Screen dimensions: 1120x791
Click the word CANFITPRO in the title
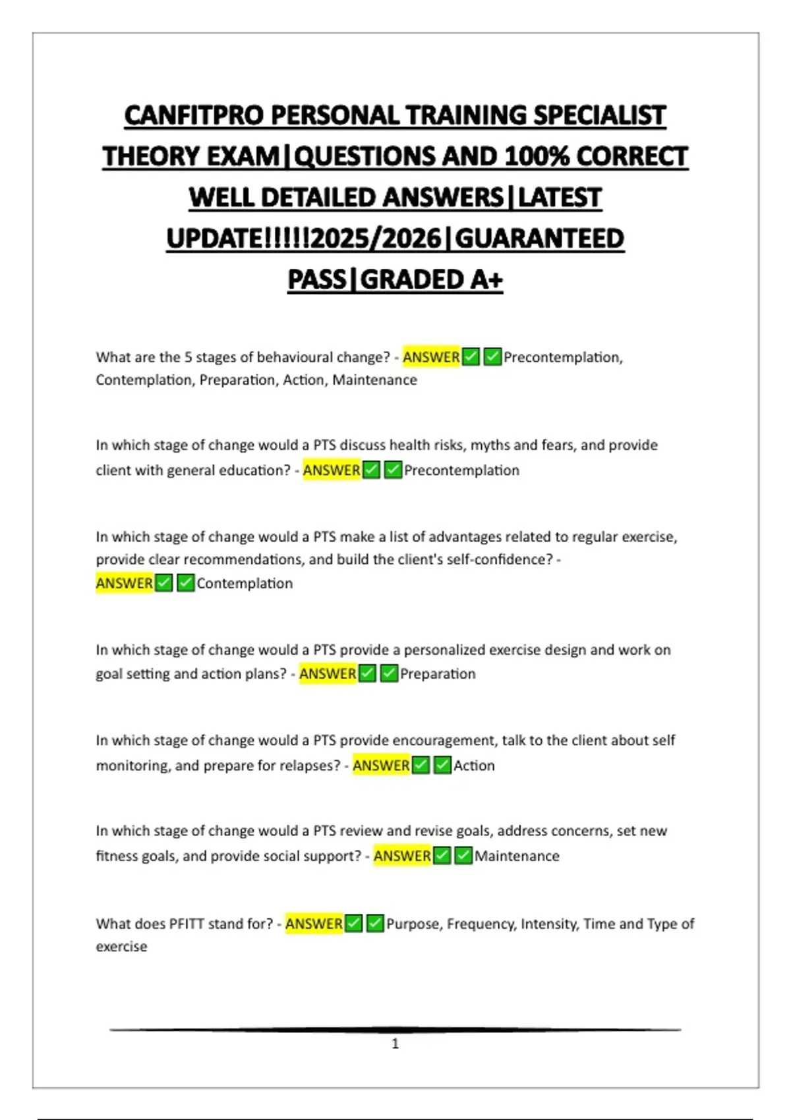(194, 116)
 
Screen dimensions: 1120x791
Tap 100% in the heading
(537, 157)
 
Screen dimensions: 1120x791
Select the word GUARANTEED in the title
(539, 239)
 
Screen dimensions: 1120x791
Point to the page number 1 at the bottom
(395, 1044)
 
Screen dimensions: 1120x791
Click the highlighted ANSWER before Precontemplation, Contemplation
(431, 357)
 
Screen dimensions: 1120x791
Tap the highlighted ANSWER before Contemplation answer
(125, 583)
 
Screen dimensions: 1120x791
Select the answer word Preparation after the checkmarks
(438, 674)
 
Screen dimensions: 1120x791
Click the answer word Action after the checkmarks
(474, 766)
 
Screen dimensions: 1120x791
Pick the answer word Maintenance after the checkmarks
(517, 856)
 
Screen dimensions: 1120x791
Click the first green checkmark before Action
(421, 765)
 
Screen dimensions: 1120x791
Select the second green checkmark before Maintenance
(463, 855)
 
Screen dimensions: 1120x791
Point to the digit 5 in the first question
(188, 357)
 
